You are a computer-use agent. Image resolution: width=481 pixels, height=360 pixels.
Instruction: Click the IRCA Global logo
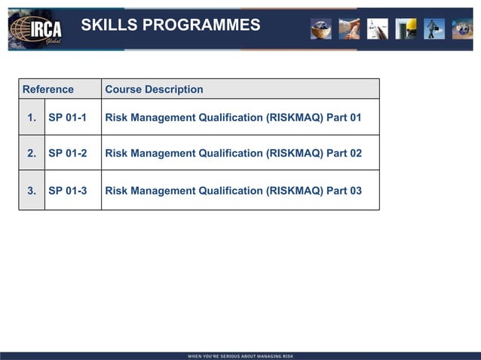click(x=35, y=30)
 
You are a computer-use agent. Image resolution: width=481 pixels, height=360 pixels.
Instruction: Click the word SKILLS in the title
click(x=109, y=26)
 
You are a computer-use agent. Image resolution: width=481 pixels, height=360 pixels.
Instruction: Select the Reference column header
click(x=48, y=89)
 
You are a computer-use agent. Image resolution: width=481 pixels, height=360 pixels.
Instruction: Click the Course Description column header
click(x=154, y=89)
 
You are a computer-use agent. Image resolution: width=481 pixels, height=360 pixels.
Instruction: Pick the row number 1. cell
click(x=32, y=117)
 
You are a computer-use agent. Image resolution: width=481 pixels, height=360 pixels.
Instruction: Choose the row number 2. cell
click(x=32, y=153)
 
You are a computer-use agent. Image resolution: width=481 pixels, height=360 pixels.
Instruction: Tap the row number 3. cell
click(x=32, y=191)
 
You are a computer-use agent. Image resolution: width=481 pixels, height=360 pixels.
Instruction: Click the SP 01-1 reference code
click(x=67, y=117)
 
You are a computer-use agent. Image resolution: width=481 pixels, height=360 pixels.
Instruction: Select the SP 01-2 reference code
click(x=67, y=153)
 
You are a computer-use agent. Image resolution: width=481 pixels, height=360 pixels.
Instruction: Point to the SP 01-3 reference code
click(x=67, y=191)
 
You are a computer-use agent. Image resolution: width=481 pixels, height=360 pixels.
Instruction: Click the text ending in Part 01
click(x=233, y=117)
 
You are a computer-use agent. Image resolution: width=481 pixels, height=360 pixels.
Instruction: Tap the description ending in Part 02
click(x=233, y=153)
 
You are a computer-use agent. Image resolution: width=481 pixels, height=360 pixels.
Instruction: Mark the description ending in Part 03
click(x=233, y=191)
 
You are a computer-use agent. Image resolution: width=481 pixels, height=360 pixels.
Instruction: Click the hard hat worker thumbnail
click(x=406, y=29)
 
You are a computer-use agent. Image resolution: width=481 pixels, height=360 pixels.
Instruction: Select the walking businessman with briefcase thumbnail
click(x=434, y=29)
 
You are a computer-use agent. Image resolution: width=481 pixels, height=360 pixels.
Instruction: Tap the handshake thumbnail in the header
click(x=349, y=29)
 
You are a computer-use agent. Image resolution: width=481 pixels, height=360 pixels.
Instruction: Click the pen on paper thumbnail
click(x=377, y=29)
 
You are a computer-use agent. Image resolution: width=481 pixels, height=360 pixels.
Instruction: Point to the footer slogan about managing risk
click(x=240, y=355)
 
